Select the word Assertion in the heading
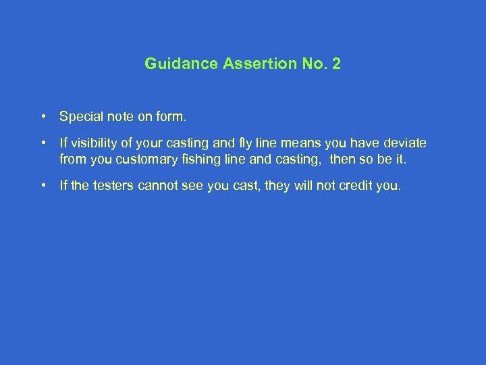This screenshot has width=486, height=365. [241, 64]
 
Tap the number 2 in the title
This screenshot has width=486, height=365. [336, 64]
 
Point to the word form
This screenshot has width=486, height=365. [171, 117]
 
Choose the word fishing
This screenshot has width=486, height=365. [200, 159]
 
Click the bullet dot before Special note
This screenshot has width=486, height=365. [43, 117]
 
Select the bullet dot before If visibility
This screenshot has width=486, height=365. [43, 143]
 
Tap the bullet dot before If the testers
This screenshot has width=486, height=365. [43, 186]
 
